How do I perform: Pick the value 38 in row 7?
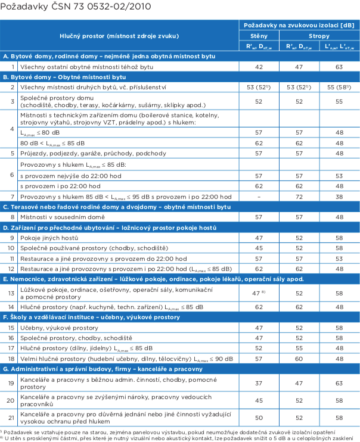tap(339, 196)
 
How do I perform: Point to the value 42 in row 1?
tap(259, 67)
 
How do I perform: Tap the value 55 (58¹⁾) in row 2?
tap(339, 88)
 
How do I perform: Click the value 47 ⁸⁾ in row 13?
tap(259, 293)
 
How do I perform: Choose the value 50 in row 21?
tap(259, 418)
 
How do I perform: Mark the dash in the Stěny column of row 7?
tap(259, 196)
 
